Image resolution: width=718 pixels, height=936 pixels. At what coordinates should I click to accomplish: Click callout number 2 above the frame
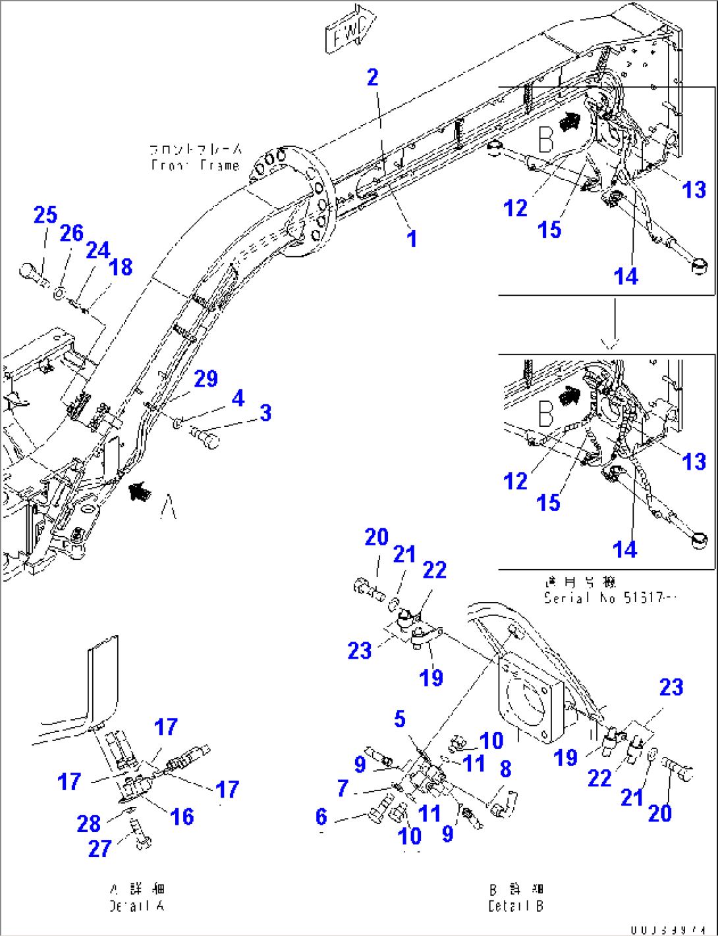pos(373,78)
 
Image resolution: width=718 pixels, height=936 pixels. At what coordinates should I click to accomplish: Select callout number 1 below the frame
pos(412,238)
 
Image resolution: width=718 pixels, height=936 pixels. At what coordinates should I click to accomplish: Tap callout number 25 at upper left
pos(45,215)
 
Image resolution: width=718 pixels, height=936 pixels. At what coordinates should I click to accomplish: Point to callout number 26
pos(72,233)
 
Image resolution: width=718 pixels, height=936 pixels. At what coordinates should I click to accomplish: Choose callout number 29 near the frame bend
pos(206,379)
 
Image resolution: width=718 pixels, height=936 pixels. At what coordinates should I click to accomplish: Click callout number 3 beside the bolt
pos(265,413)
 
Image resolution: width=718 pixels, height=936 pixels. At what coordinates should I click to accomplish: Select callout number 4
pos(238,398)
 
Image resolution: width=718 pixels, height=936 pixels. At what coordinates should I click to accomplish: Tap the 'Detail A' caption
pos(137,906)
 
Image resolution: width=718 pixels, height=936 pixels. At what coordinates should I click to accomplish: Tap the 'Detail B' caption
pos(516,906)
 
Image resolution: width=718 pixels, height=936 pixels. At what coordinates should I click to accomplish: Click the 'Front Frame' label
pos(195,165)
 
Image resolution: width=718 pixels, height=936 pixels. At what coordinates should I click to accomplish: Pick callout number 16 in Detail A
pos(182,817)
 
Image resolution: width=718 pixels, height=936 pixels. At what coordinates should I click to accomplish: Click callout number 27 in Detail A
pos(99,848)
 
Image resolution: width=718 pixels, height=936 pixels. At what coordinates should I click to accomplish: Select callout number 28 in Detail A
pos(88,823)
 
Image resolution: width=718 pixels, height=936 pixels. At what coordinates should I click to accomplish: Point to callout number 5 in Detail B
pos(400,719)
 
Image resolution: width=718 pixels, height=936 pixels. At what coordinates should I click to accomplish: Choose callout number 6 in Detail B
pos(321,817)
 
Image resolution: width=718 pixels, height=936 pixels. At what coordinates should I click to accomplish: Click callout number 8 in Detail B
pos(505,768)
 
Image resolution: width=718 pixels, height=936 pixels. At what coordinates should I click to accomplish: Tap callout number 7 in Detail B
pos(343,788)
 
